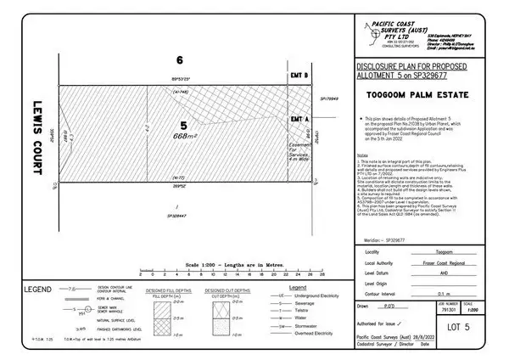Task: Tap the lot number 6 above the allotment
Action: [179, 60]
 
